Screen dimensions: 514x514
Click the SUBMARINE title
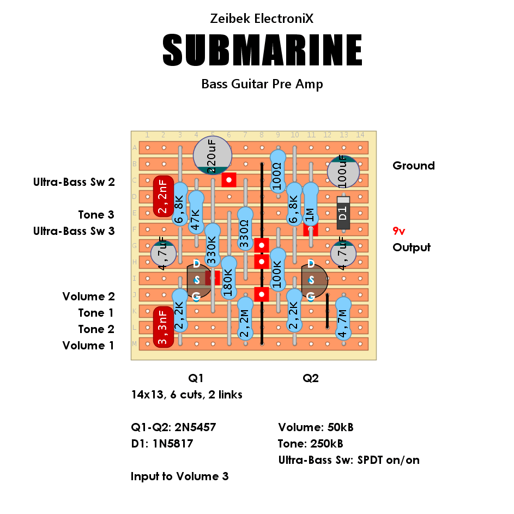coord(262,50)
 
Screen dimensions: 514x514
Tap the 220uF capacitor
coord(213,155)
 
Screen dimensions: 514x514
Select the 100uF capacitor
coord(343,172)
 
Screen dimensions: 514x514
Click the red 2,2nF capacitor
coord(163,196)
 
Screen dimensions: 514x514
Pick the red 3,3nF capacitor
coord(163,327)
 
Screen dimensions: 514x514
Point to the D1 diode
coord(343,213)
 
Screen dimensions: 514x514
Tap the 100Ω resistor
coord(278,172)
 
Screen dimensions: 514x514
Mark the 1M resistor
coord(311,204)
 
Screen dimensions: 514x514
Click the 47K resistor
coord(196,213)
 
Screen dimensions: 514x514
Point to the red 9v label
coord(399,231)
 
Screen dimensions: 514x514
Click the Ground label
coord(414,166)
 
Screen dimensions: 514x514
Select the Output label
coord(412,247)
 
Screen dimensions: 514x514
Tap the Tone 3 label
coord(96,214)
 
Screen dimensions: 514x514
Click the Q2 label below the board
coord(311,378)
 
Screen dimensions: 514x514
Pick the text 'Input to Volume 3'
coord(180,476)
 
